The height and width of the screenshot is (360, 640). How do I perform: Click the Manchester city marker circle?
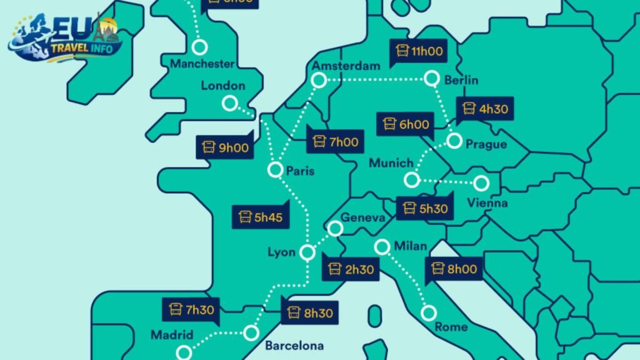(200, 47)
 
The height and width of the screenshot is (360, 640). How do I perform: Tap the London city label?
(223, 86)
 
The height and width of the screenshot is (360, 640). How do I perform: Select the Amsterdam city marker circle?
(319, 80)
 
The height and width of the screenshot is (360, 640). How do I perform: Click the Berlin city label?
(461, 80)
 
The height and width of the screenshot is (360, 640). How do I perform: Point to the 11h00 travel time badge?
(420, 51)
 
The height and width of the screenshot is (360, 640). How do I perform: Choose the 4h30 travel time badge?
(485, 109)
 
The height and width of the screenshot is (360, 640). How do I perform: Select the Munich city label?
(391, 163)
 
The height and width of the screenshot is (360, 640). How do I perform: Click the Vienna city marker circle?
(481, 183)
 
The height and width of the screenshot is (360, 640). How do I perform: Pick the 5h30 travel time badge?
(425, 208)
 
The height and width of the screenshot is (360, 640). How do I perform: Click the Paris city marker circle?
(275, 169)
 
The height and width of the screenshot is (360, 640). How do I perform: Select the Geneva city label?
(361, 217)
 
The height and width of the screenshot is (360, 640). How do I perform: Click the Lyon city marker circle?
(307, 252)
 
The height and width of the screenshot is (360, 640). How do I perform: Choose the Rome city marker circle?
(429, 312)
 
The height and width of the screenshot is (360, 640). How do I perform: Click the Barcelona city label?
(294, 346)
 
